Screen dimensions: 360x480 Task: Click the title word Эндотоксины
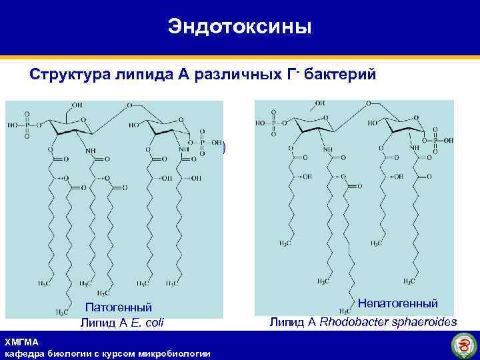click(239, 27)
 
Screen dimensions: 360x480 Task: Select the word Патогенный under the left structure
click(119, 307)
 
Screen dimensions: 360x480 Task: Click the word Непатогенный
click(397, 304)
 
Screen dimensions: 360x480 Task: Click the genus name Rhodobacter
click(348, 323)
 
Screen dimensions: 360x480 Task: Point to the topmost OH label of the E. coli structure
click(78, 105)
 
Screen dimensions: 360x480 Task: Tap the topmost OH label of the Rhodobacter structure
click(321, 103)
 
